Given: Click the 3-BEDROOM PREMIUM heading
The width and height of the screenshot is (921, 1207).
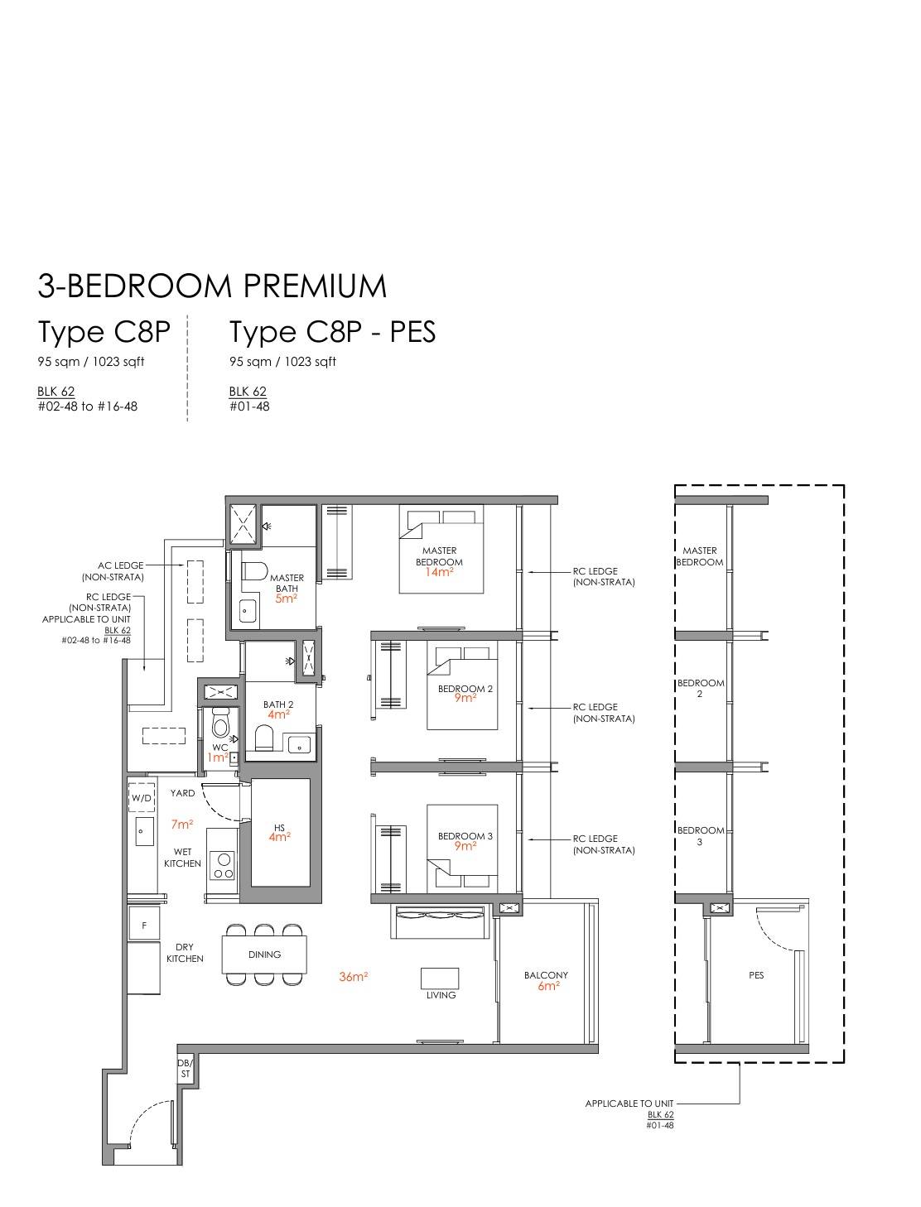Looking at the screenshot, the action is [212, 286].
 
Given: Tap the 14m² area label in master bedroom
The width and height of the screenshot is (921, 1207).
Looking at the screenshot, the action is [439, 572].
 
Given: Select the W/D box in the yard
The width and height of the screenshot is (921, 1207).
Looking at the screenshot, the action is [142, 798].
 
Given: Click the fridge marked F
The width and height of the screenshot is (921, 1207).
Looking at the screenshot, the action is [144, 926].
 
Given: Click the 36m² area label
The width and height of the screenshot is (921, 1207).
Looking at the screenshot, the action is [353, 977].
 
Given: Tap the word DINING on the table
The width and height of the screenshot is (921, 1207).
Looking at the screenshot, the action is [265, 955].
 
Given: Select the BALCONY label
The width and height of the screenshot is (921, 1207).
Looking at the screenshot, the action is [546, 975].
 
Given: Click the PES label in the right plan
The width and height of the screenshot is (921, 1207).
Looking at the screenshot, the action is [756, 975].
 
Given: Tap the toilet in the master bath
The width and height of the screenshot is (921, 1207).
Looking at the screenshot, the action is [254, 571].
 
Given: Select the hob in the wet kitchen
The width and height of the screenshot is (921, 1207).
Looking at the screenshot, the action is [224, 865].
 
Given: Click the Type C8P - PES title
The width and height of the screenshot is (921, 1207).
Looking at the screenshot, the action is [332, 332].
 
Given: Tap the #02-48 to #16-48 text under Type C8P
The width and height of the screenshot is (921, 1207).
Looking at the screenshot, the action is [88, 406].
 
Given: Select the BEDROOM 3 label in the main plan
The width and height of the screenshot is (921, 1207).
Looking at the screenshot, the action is [465, 836].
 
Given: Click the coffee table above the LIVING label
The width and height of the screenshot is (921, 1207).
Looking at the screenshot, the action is [440, 978].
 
